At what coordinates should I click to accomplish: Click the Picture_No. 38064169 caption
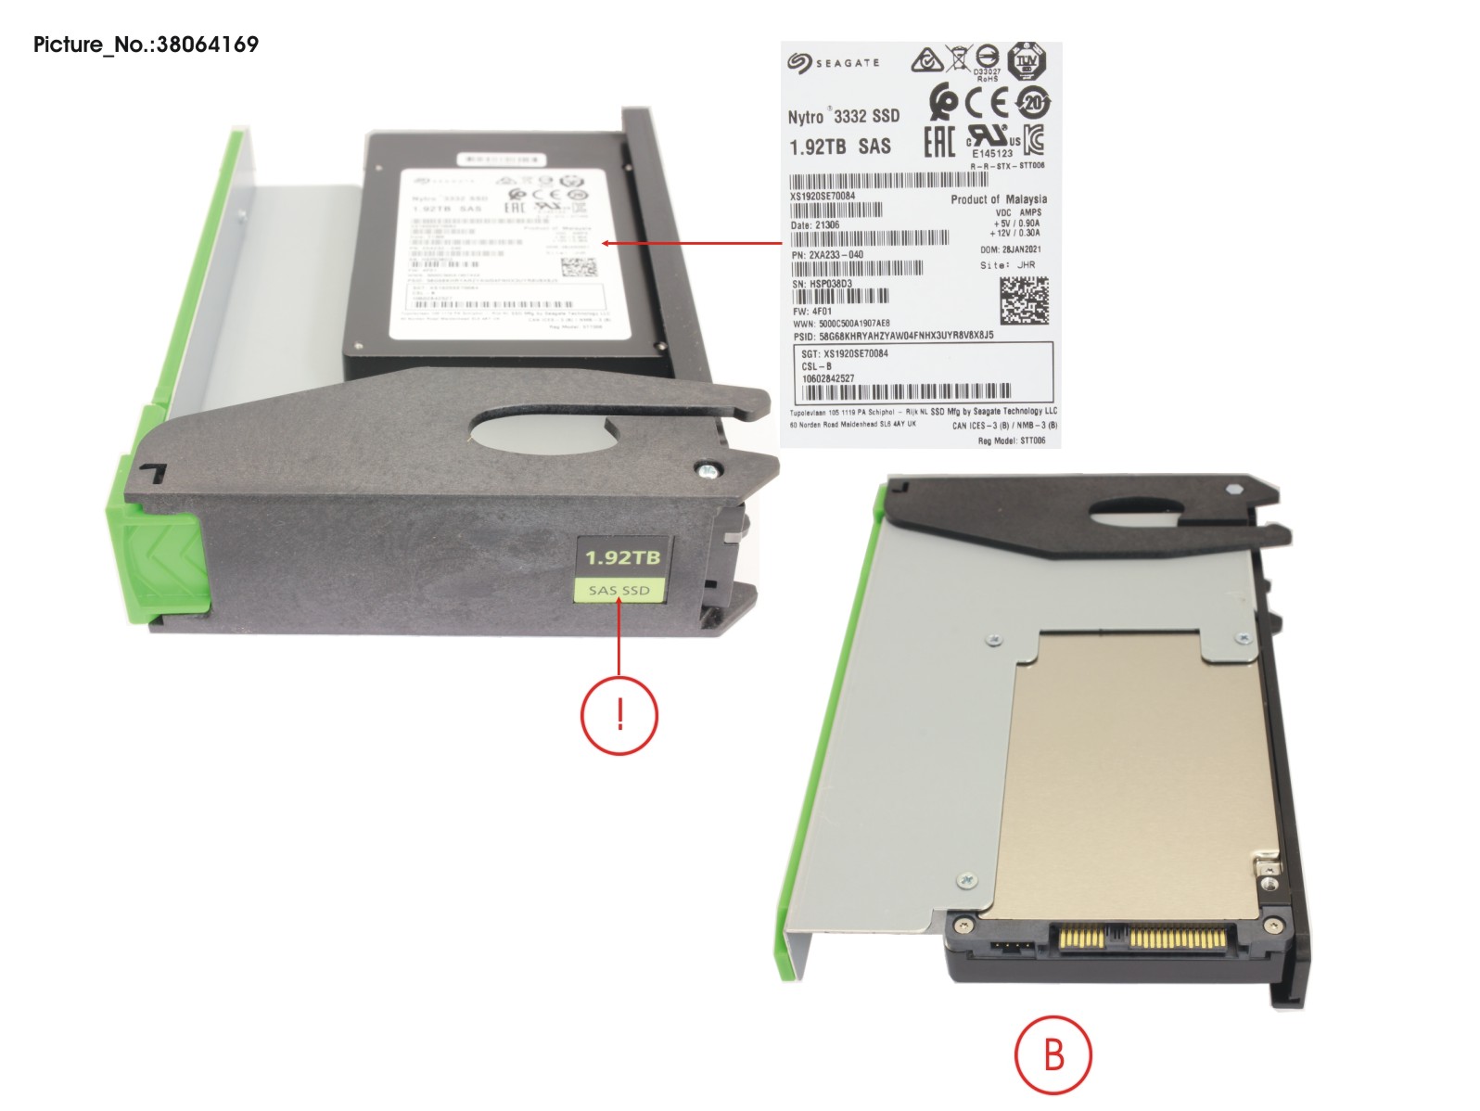[146, 45]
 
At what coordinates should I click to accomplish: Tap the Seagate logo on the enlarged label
[833, 62]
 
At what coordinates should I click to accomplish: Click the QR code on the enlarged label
[1024, 300]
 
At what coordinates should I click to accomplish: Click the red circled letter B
[1053, 1055]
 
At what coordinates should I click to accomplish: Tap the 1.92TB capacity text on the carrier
[622, 557]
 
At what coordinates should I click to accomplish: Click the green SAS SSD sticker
[619, 590]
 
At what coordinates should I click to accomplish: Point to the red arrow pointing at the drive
[692, 244]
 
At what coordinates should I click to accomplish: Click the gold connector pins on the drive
[1141, 939]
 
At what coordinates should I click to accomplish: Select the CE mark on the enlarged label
[987, 102]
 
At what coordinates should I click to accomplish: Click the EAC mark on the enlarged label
[938, 141]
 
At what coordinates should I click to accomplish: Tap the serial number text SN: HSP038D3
[822, 284]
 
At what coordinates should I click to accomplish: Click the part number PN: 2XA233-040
[827, 254]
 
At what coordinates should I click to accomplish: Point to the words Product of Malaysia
[998, 199]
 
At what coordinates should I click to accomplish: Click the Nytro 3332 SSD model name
[843, 116]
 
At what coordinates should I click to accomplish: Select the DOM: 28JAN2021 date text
[1010, 249]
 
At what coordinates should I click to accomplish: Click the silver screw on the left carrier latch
[708, 470]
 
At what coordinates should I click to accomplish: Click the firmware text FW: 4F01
[812, 312]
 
